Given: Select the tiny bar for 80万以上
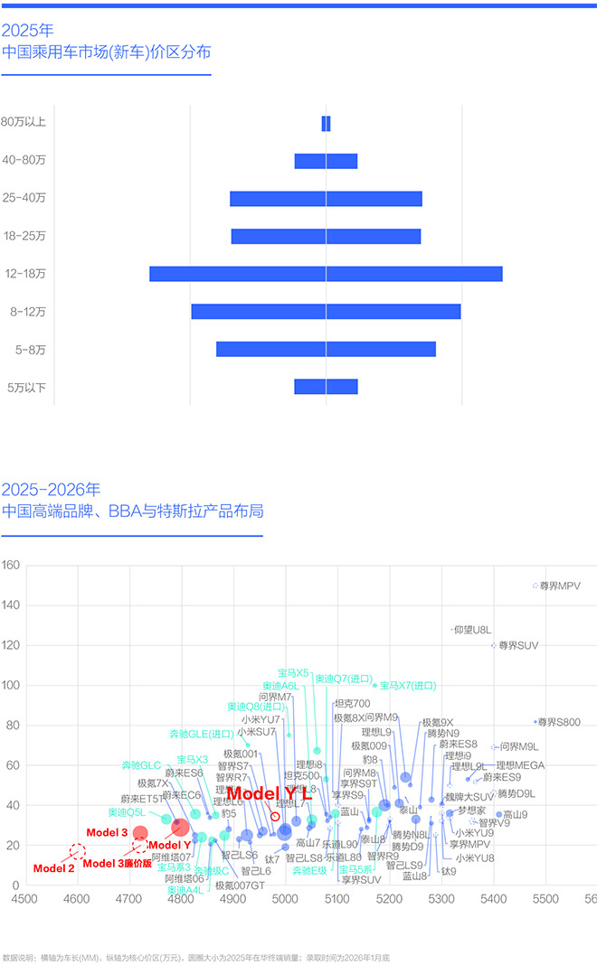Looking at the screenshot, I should [x=326, y=124].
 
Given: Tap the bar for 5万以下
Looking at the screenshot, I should [x=326, y=387].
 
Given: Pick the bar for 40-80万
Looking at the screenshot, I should [x=326, y=161].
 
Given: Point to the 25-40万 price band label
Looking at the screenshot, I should [x=24, y=199].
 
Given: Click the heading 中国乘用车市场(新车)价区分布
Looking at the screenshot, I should [x=107, y=52].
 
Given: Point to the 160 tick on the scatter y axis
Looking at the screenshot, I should [x=11, y=567].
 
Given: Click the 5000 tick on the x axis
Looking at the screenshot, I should [x=286, y=899].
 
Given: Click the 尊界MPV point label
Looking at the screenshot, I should [x=559, y=586].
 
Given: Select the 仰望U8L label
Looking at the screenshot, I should [x=472, y=630].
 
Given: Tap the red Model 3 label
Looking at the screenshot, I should [x=107, y=831].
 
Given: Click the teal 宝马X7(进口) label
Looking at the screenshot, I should [x=408, y=686].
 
